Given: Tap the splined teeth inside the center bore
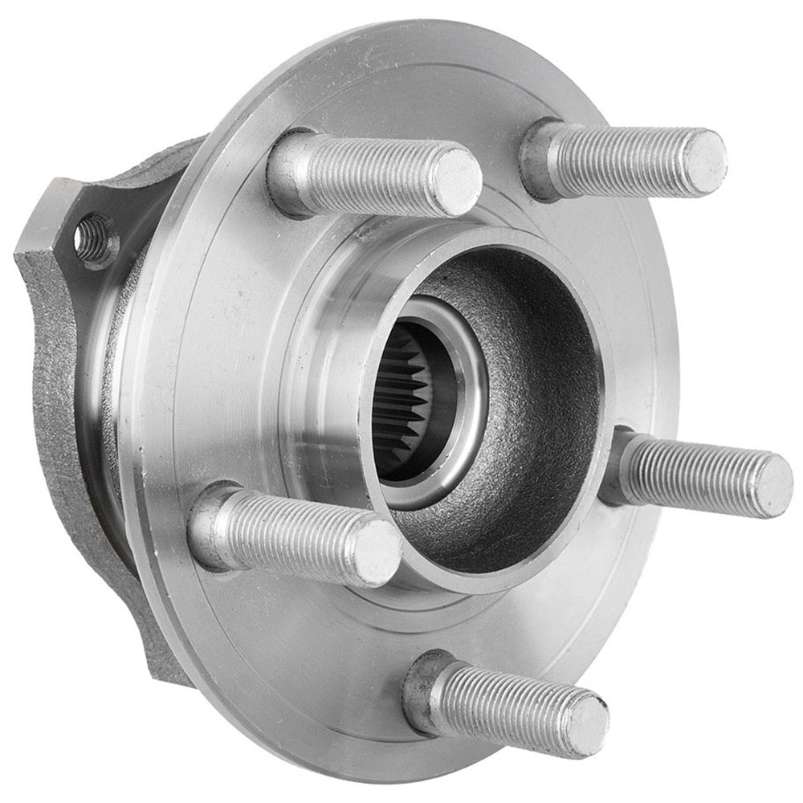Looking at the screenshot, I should tap(401, 401).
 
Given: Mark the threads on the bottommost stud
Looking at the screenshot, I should tap(506, 707).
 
